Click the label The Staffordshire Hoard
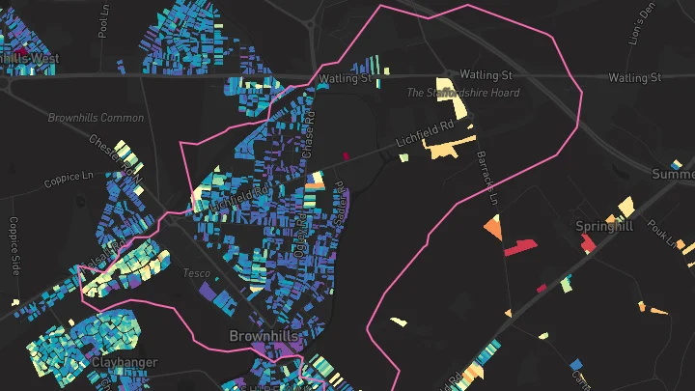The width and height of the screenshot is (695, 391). coord(463,93)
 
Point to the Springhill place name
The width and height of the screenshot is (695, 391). coord(604,226)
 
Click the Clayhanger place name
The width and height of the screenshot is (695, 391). coord(125,363)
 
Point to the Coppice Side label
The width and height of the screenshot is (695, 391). coord(14,245)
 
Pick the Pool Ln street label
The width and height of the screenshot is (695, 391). coord(104,23)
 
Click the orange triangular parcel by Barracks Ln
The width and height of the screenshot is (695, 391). coord(493,229)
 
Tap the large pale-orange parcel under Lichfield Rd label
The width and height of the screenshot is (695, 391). coord(450,148)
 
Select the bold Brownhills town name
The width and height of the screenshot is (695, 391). coord(262,336)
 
